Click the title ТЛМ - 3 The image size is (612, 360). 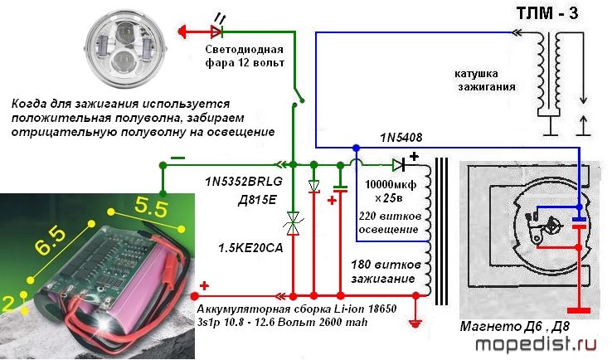tap(547, 13)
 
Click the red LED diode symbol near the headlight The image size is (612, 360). tap(216, 32)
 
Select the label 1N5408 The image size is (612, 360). tap(401, 137)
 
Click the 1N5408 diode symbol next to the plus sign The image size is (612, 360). tap(399, 165)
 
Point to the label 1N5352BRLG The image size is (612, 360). tap(244, 182)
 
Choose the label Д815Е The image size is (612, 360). tap(257, 200)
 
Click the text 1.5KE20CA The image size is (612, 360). tap(250, 247)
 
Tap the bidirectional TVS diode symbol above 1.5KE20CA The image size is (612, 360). tap(293, 223)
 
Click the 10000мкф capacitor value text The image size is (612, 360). tap(391, 184)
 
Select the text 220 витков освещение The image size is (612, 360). tap(390, 222)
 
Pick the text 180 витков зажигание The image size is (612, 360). tap(386, 271)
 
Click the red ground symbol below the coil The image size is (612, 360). tap(415, 323)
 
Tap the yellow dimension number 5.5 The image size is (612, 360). tap(152, 207)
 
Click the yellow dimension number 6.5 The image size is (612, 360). tap(51, 242)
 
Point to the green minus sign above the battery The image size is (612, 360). tap(178, 158)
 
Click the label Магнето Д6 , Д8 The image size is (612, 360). tap(515, 327)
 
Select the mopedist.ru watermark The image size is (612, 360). tap(537, 344)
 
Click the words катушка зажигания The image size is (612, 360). tap(486, 80)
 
